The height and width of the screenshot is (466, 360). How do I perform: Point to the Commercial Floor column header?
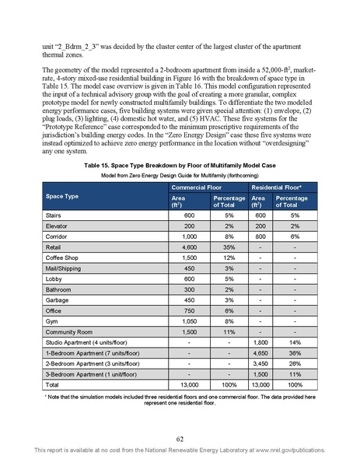click(199, 188)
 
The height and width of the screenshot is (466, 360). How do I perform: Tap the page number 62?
click(180, 438)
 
